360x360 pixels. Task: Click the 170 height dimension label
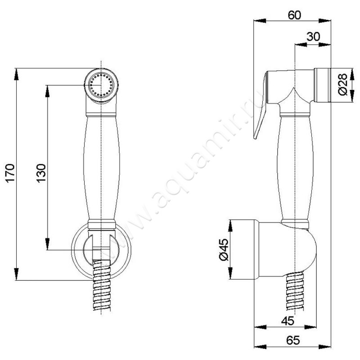pos(10,173)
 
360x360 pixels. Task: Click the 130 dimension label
pos(41,173)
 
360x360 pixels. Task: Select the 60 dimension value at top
pos(294,15)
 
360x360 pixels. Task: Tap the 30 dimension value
pos(313,37)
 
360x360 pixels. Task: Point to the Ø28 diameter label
pos(343,85)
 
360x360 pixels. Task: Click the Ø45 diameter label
pos(224,250)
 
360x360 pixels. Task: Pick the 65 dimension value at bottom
pos(293,340)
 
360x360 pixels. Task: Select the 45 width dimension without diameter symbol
pos(288,321)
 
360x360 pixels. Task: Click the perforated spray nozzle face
pos(101,85)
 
